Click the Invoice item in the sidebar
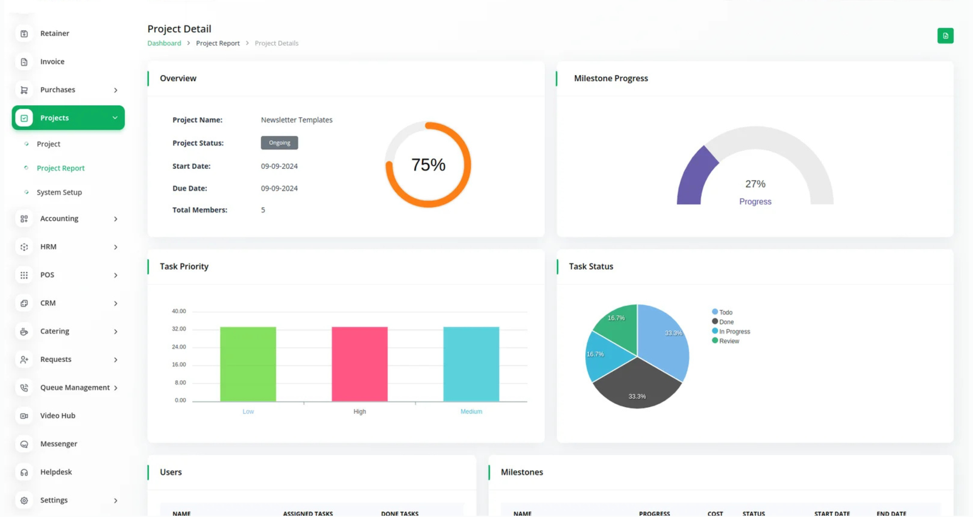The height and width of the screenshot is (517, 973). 52,62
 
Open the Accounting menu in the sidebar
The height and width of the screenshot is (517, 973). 59,219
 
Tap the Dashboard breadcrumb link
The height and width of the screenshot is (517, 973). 164,43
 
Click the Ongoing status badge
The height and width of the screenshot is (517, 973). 279,143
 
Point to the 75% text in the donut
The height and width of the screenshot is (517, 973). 428,165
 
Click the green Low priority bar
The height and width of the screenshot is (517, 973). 248,364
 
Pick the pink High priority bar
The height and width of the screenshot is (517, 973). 359,364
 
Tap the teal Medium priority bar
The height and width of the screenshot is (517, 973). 471,364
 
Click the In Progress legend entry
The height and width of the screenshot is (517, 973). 734,332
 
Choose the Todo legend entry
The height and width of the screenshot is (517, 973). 725,312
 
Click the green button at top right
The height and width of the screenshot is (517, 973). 945,36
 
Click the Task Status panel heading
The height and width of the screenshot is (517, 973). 591,267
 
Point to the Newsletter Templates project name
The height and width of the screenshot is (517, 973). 297,120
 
